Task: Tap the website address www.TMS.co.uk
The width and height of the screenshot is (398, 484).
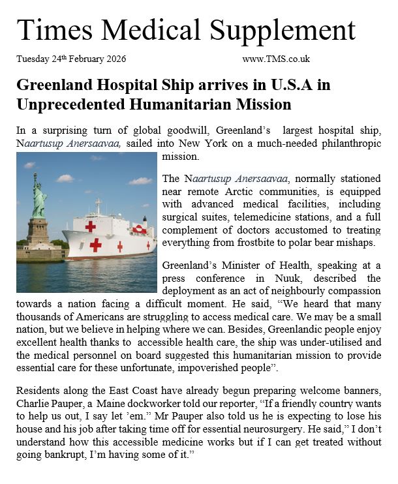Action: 275,59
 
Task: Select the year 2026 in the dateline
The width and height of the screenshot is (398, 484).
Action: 112,59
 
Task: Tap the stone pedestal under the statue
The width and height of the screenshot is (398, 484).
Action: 37,232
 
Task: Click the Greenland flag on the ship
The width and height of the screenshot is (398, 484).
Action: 138,229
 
